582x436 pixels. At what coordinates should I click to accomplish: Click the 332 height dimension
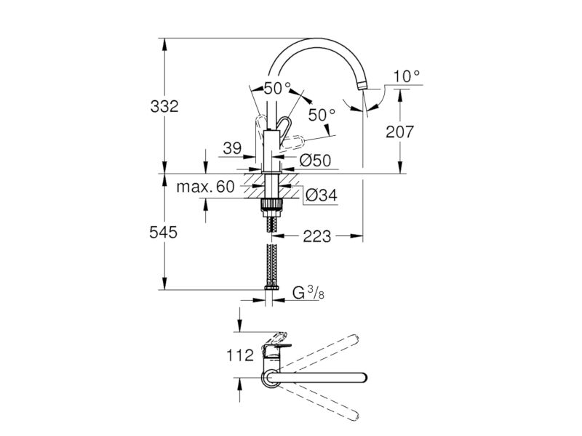[x=164, y=106]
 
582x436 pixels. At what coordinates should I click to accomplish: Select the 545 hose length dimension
[x=163, y=233]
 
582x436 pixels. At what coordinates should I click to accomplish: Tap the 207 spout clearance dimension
[x=399, y=132]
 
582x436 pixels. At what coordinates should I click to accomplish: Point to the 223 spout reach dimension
[x=316, y=235]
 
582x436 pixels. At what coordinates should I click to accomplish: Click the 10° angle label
[x=407, y=76]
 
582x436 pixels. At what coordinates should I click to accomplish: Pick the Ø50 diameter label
[x=315, y=161]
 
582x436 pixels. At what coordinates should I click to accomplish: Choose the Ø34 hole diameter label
[x=322, y=195]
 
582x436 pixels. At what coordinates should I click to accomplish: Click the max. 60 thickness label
[x=206, y=187]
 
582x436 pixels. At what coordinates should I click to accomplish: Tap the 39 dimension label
[x=232, y=148]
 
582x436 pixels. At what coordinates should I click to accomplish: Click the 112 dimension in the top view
[x=240, y=355]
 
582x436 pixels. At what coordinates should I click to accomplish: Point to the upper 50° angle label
[x=278, y=88]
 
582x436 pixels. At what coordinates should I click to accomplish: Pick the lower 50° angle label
[x=322, y=115]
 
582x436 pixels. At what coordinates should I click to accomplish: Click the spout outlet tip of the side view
[x=362, y=86]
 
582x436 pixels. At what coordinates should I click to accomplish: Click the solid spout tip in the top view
[x=362, y=377]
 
